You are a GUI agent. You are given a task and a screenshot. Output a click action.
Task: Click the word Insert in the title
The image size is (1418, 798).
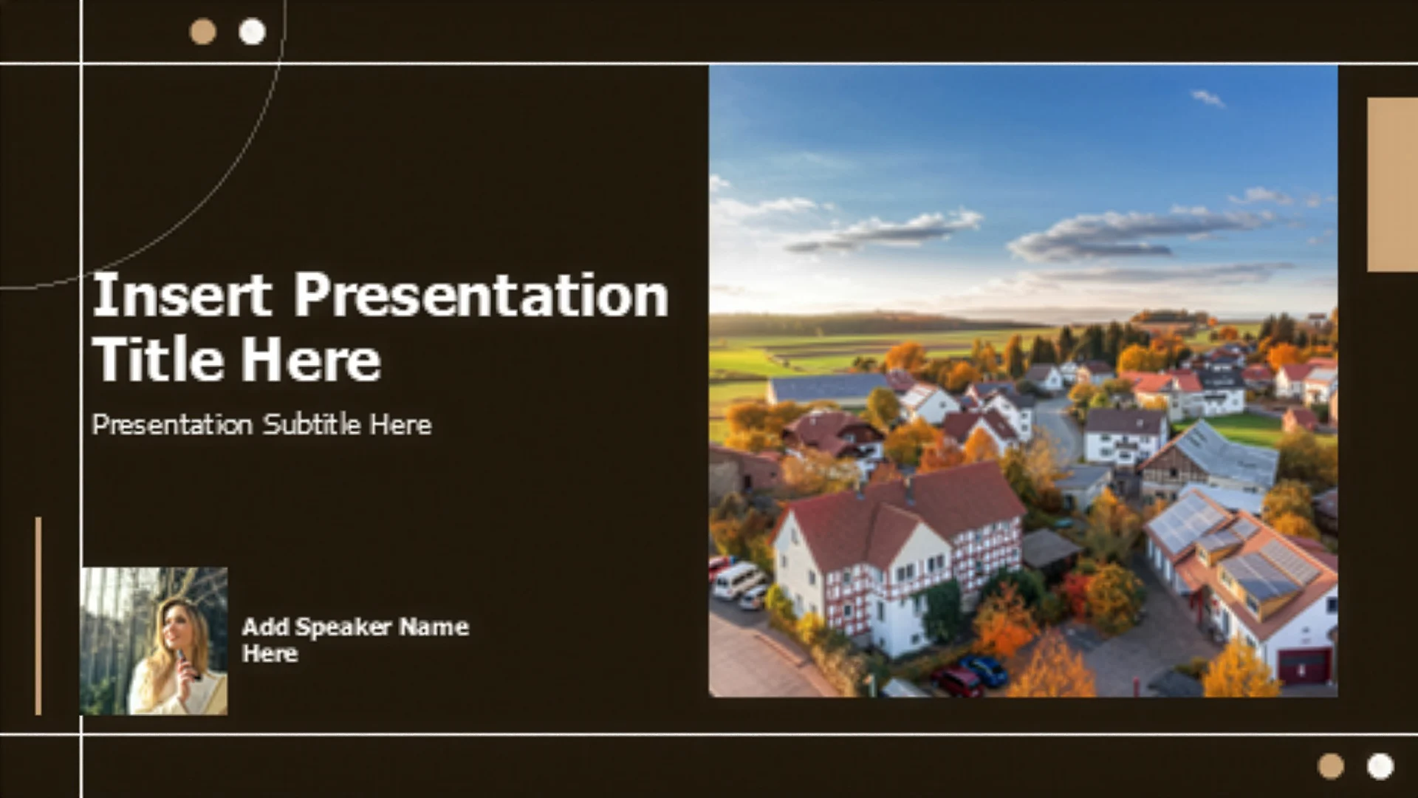[x=182, y=295]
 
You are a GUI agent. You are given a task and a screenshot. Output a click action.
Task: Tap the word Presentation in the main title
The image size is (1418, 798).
[x=482, y=295]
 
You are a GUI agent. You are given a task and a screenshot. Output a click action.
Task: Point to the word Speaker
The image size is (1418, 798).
[x=343, y=627]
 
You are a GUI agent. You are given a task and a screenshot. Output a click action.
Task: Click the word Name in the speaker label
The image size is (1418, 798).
[x=434, y=627]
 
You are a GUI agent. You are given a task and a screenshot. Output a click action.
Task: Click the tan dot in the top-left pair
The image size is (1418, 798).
[x=202, y=32]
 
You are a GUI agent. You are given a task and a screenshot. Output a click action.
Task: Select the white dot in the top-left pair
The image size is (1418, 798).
[x=252, y=32]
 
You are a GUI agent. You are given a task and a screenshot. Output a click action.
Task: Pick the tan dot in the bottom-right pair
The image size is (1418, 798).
[x=1331, y=766]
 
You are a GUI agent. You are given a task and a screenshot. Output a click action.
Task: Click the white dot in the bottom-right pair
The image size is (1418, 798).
[x=1380, y=766]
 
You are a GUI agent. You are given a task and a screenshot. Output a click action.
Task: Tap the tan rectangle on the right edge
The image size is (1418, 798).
[x=1392, y=185]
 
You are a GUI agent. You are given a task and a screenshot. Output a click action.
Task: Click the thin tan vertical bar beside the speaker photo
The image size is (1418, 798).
[x=38, y=616]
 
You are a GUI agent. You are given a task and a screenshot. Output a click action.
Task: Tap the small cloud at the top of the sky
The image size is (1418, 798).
[x=1208, y=98]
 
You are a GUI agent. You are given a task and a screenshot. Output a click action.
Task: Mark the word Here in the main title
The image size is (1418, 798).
[x=311, y=360]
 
